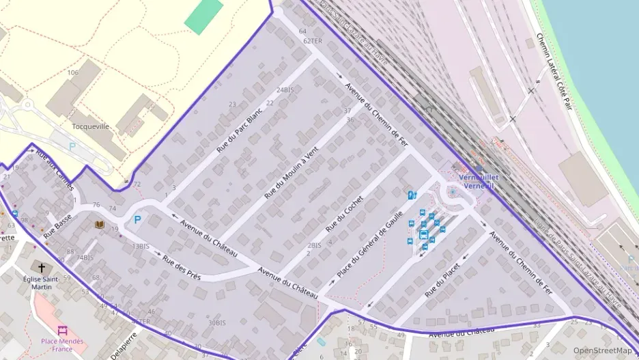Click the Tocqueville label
tap(91, 126)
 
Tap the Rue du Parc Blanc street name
tap(239, 130)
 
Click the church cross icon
tap(41, 267)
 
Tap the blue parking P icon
tap(137, 220)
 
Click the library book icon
tap(100, 224)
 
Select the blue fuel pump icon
tap(412, 195)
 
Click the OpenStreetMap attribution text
tap(602, 350)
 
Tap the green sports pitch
tap(204, 16)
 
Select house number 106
tap(73, 72)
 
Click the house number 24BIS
tap(285, 89)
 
